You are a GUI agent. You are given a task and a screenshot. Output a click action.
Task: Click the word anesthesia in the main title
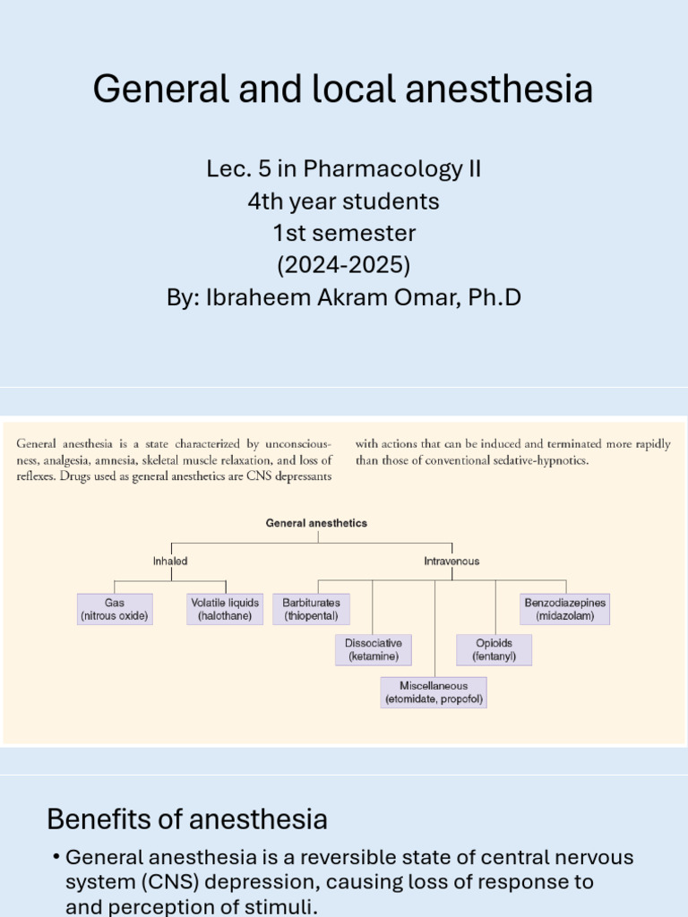[504, 90]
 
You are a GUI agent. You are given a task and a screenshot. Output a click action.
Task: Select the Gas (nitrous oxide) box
[114, 610]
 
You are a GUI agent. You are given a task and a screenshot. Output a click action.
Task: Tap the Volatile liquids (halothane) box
[225, 610]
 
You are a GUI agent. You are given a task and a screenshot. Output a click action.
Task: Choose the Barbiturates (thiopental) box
[312, 610]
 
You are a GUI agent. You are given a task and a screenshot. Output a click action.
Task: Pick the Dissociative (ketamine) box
[374, 650]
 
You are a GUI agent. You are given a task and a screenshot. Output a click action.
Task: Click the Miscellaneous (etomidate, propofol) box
[434, 693]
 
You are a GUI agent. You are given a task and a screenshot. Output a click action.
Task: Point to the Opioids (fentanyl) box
[494, 650]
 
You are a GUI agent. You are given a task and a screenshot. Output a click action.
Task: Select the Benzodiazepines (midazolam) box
[565, 610]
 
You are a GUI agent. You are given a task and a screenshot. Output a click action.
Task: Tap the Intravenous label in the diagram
[451, 561]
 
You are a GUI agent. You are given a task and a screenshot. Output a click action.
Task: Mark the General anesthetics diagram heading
[316, 523]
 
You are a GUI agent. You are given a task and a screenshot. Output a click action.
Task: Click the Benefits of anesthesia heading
[187, 818]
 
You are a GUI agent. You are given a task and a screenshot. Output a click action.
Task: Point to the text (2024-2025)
[344, 265]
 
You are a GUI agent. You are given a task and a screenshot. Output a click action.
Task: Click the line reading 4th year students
[344, 201]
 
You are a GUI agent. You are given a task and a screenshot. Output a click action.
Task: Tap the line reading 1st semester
[344, 233]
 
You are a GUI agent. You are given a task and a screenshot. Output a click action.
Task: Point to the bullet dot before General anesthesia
[56, 858]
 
